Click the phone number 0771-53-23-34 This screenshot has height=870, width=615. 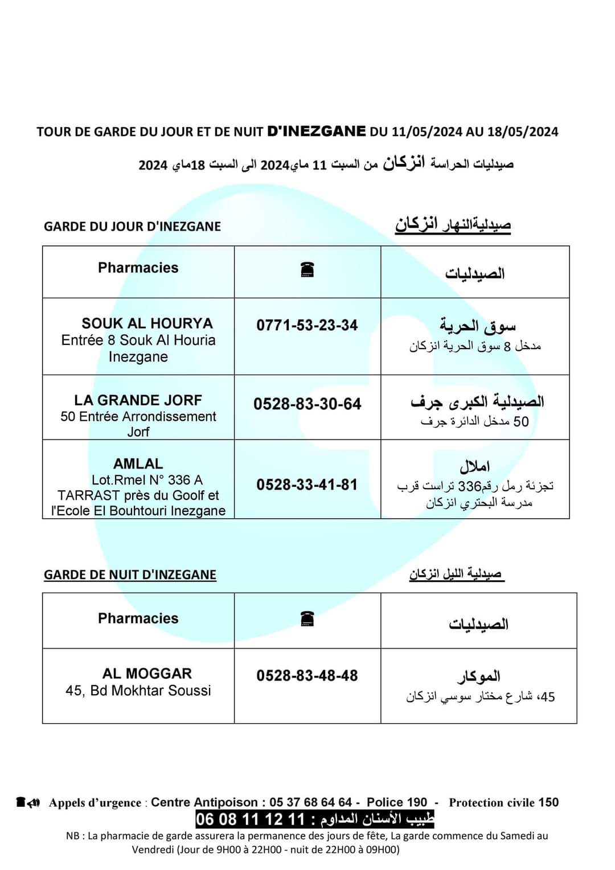(x=307, y=326)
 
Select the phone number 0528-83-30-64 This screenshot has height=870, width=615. (x=307, y=404)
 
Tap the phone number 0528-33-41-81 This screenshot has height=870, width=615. (x=307, y=485)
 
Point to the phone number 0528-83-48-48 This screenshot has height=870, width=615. (x=307, y=676)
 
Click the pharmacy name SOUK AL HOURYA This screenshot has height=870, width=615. (x=147, y=323)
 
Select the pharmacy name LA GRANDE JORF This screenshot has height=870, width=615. (x=138, y=400)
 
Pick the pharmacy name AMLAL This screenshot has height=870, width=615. (x=138, y=464)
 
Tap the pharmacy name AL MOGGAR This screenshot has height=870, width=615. (x=147, y=674)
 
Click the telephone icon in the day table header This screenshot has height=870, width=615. (x=307, y=270)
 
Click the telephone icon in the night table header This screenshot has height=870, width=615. (x=307, y=618)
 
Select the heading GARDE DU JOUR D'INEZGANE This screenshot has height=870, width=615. (x=132, y=227)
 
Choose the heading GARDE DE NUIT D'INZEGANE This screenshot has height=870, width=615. (x=130, y=574)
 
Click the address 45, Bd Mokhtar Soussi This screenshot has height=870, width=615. (x=138, y=691)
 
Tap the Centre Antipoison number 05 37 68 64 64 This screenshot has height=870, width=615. (x=311, y=802)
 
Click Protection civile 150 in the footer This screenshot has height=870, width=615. (x=503, y=802)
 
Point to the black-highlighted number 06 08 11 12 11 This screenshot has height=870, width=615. (x=251, y=819)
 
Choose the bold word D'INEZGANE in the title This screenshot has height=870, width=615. (x=317, y=131)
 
